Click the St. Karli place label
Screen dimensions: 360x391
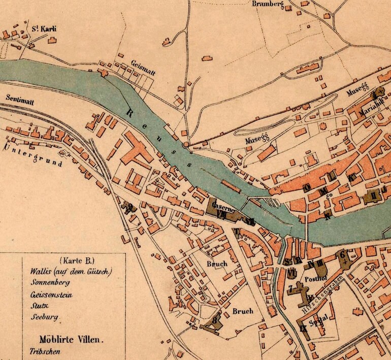coord(43,29)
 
